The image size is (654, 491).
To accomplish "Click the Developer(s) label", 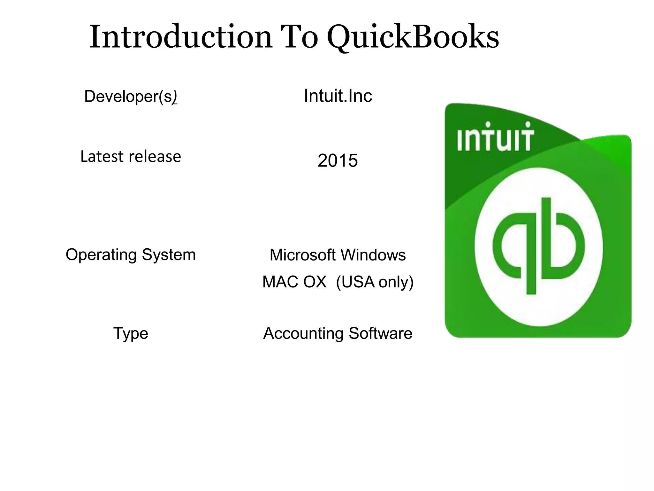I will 130,96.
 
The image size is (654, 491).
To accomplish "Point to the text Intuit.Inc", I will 338,96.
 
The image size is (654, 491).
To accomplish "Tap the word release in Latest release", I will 155,156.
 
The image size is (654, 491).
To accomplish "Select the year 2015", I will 338,160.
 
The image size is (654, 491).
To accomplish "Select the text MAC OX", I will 294,282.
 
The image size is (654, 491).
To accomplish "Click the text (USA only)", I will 375,282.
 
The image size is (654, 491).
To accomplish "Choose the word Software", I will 380,333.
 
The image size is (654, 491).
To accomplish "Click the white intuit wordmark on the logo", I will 495,137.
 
